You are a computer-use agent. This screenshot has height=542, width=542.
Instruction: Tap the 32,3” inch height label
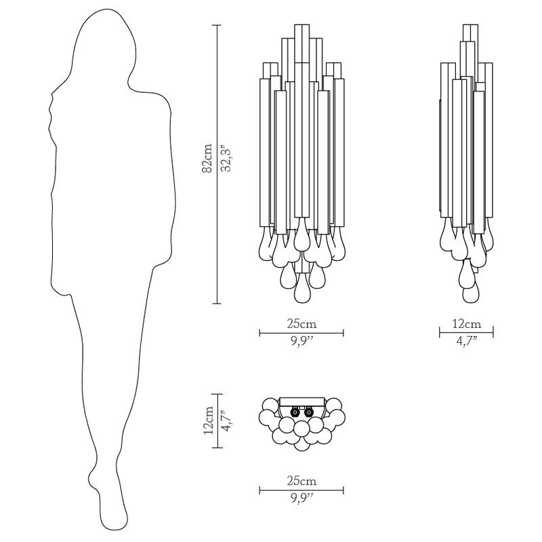227,158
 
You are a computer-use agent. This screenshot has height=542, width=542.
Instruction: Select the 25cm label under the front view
301,324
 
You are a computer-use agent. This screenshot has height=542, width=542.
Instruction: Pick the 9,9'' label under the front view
301,342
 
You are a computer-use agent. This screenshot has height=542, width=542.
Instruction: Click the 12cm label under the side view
466,324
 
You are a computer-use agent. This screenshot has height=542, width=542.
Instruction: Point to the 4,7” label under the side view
466,341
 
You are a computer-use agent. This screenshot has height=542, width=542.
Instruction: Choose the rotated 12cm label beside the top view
208,421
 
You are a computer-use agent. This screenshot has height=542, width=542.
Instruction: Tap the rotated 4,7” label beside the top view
227,421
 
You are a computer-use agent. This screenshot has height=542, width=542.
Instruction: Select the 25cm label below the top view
301,481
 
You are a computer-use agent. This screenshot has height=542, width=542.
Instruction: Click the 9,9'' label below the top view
301,499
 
